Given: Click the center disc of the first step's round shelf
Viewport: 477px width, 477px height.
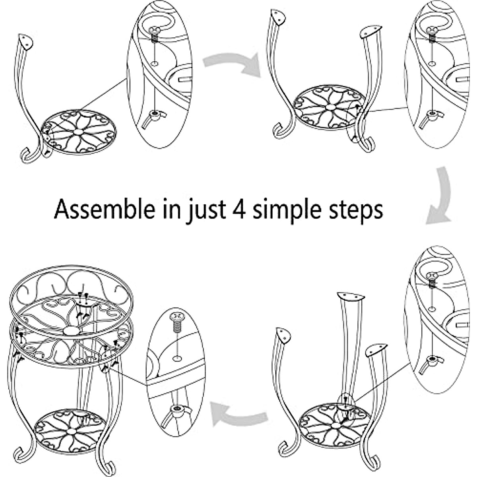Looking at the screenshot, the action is [79, 131].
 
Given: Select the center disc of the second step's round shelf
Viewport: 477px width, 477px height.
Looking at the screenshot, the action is [330, 107].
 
